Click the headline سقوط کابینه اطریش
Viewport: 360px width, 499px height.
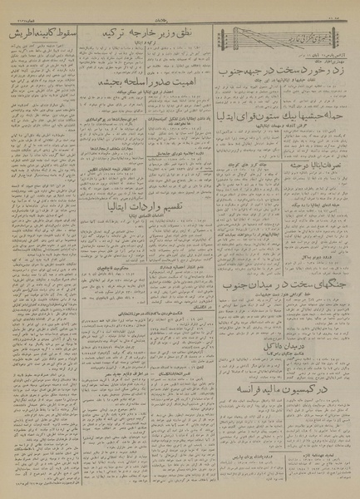tap(42, 38)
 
